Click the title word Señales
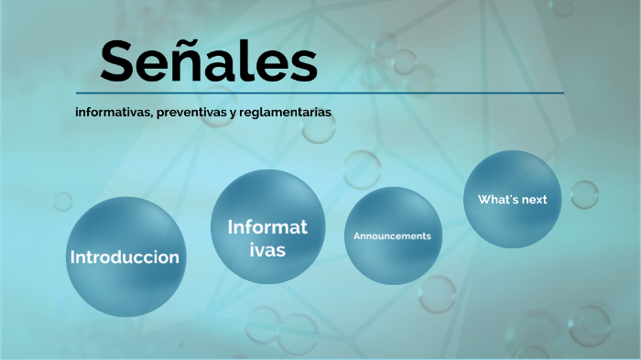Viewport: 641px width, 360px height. pos(209,61)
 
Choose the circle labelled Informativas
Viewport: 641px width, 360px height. pos(267,226)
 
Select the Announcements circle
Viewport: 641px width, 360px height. pos(392,236)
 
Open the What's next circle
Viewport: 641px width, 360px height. pos(512,199)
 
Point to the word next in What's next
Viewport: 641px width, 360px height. pos(534,200)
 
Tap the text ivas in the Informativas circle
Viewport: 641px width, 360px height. pos(267,250)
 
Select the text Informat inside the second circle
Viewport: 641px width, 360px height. pos(267,226)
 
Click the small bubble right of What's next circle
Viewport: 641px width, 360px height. pos(584,193)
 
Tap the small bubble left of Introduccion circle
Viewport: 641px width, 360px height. pos(62,201)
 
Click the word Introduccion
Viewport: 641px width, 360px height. pos(125,257)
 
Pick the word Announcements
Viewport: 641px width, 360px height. pos(392,236)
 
